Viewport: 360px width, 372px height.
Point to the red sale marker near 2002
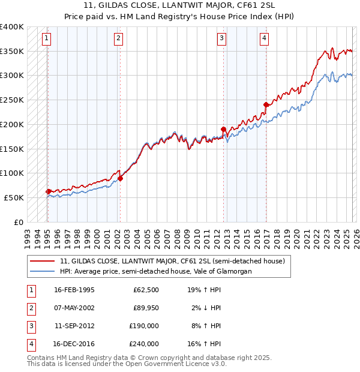click(x=120, y=178)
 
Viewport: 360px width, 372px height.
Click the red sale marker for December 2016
click(x=266, y=104)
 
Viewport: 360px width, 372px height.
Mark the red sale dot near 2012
click(x=223, y=129)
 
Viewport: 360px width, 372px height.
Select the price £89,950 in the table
click(x=146, y=308)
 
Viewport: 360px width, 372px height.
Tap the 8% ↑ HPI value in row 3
click(x=205, y=326)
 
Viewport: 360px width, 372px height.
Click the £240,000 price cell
click(x=144, y=344)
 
